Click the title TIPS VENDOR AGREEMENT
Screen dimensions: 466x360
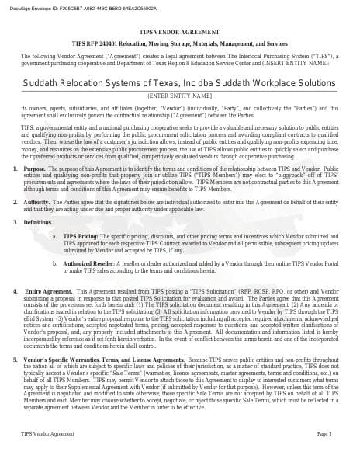[x=179, y=37]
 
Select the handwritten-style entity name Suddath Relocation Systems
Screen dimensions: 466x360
[x=179, y=83]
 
